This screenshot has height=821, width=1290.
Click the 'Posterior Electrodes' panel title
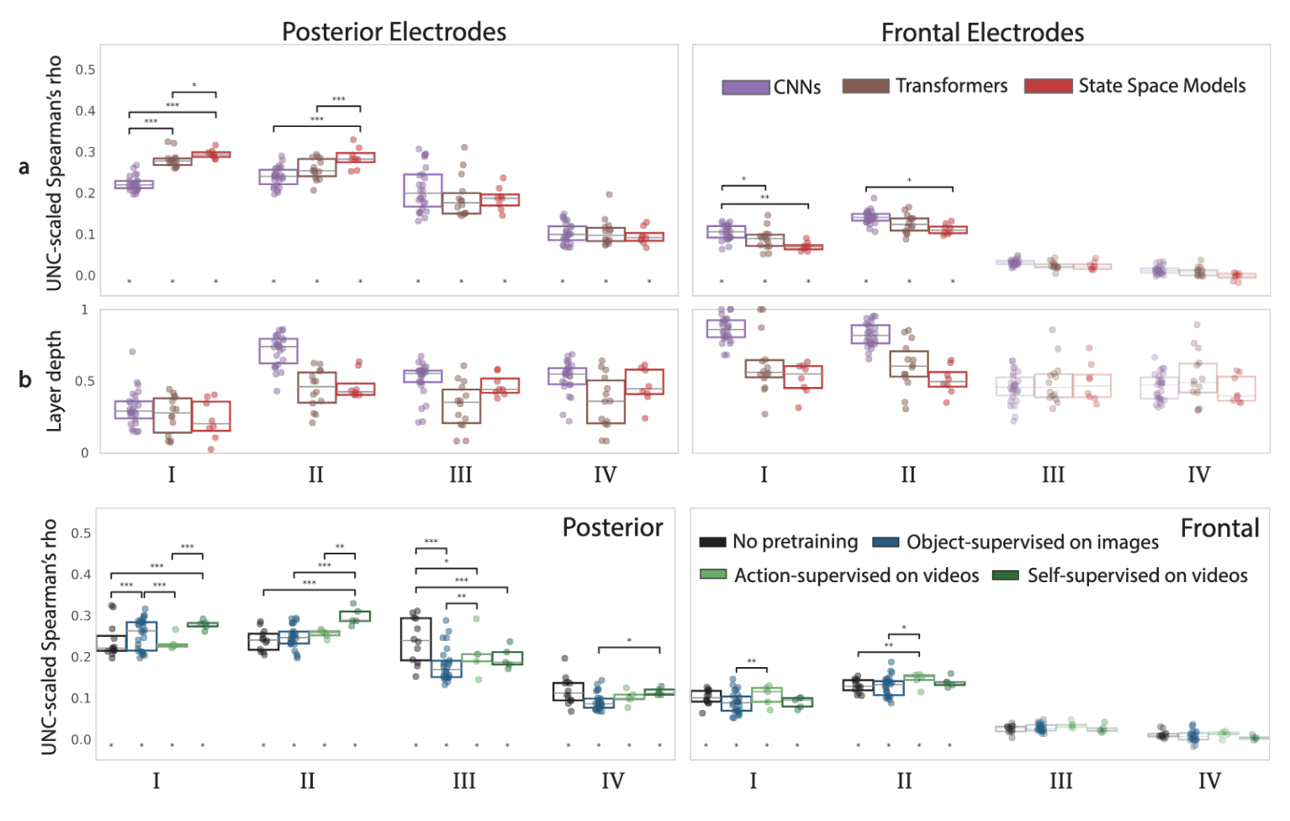click(x=394, y=32)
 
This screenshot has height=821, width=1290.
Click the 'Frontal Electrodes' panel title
click(x=982, y=33)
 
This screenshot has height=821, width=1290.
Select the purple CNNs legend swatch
click(x=746, y=87)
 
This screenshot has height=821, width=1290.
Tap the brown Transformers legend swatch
click(x=865, y=87)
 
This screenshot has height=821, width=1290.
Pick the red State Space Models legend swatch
click(x=1048, y=87)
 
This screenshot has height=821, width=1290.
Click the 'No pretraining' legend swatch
click(x=712, y=543)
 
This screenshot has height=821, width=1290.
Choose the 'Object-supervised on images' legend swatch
click(x=886, y=543)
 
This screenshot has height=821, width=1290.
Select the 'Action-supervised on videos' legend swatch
click(x=712, y=575)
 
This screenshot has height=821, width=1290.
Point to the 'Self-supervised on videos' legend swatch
click(x=1006, y=575)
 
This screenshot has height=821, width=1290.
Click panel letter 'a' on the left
click(x=24, y=167)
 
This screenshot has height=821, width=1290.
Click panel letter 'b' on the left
click(x=24, y=379)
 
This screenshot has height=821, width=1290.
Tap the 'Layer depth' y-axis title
click(x=54, y=381)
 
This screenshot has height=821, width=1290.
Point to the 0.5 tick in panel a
click(x=85, y=70)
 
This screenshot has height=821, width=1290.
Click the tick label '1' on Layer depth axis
click(x=85, y=310)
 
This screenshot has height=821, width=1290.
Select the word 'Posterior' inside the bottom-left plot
click(x=612, y=527)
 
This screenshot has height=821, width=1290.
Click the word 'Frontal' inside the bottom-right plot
click(x=1219, y=528)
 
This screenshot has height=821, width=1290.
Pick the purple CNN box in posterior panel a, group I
click(x=134, y=184)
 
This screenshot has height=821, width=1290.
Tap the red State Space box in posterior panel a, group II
click(x=356, y=157)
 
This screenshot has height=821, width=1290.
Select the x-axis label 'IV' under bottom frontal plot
click(x=1209, y=781)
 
